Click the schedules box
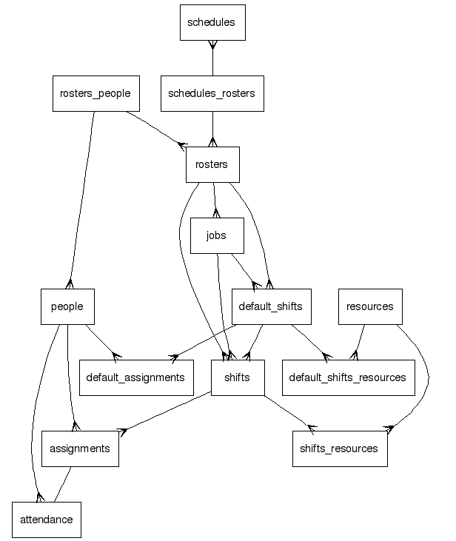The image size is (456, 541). click(212, 22)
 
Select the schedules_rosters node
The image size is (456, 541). click(212, 93)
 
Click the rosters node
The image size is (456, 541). click(212, 164)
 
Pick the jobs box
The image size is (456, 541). click(217, 235)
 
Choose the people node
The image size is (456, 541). click(67, 306)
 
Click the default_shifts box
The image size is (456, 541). click(272, 306)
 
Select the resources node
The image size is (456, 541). click(370, 306)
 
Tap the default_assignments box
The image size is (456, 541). click(135, 377)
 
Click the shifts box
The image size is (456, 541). click(238, 377)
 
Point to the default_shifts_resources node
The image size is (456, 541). click(348, 377)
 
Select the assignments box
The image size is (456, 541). click(80, 448)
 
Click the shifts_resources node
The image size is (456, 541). click(340, 448)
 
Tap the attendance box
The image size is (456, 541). click(47, 520)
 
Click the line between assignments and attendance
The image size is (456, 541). click(63, 485)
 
